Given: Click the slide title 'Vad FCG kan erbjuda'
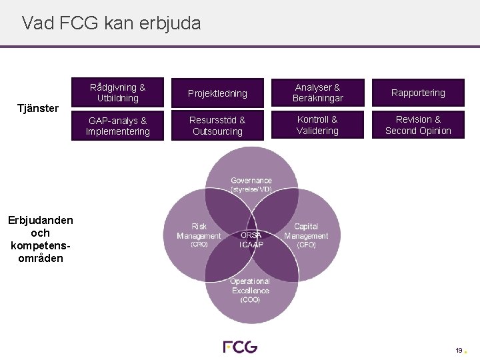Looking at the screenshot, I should pyautogui.click(x=111, y=23).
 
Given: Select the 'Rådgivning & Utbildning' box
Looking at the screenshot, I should pyautogui.click(x=118, y=93).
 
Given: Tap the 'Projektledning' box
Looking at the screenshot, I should pyautogui.click(x=217, y=93).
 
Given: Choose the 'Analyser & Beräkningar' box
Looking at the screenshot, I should pyautogui.click(x=317, y=93).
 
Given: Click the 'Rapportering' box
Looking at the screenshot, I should pyautogui.click(x=418, y=93).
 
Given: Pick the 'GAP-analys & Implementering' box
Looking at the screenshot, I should pyautogui.click(x=118, y=125).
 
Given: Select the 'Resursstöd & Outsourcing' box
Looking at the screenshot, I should pyautogui.click(x=217, y=125).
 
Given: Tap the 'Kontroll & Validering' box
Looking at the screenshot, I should pyautogui.click(x=317, y=125).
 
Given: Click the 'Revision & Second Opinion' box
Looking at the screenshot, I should pyautogui.click(x=418, y=125).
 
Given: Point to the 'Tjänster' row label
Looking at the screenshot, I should pyautogui.click(x=39, y=108).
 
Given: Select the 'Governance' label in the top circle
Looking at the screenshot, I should pyautogui.click(x=251, y=181).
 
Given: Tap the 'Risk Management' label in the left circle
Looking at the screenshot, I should pyautogui.click(x=199, y=231).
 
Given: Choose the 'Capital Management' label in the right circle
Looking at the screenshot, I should pyautogui.click(x=306, y=231).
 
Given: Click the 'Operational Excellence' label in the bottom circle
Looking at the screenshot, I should pyautogui.click(x=251, y=286).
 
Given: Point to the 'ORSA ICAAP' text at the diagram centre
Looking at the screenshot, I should pyautogui.click(x=251, y=239).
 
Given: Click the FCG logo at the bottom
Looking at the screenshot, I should pyautogui.click(x=240, y=347).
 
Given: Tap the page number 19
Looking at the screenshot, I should pyautogui.click(x=459, y=350).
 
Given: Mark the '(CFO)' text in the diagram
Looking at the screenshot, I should pyautogui.click(x=306, y=245).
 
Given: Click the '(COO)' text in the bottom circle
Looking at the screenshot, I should pyautogui.click(x=251, y=300).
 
